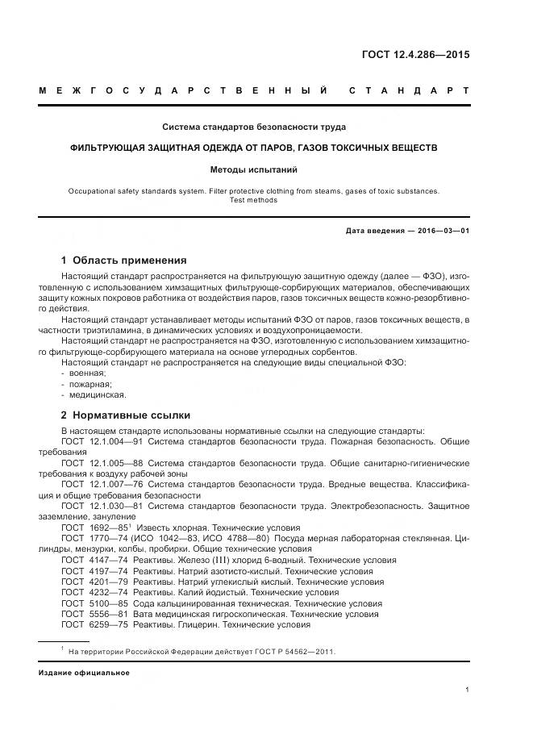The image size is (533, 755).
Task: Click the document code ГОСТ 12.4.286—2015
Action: (x=414, y=56)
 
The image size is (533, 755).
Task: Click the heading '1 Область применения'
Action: (x=123, y=261)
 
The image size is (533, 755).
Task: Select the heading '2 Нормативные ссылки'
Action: (x=125, y=415)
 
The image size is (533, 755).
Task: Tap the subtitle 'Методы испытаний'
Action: (x=254, y=170)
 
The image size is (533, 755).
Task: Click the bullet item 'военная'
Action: (x=87, y=373)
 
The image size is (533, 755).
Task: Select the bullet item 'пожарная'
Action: (x=89, y=384)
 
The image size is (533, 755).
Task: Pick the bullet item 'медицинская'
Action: (x=96, y=395)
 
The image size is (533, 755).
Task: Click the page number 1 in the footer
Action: (x=468, y=690)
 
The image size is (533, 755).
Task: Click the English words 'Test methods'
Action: (x=254, y=200)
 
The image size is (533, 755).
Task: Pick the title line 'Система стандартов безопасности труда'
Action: (x=254, y=127)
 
